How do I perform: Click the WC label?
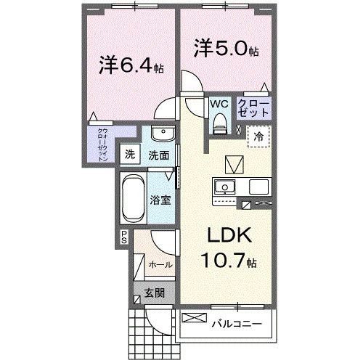219,104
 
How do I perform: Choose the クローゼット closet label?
254,110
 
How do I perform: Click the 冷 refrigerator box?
258,135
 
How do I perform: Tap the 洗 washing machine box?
129,154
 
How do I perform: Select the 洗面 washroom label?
159,155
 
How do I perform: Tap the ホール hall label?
159,265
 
